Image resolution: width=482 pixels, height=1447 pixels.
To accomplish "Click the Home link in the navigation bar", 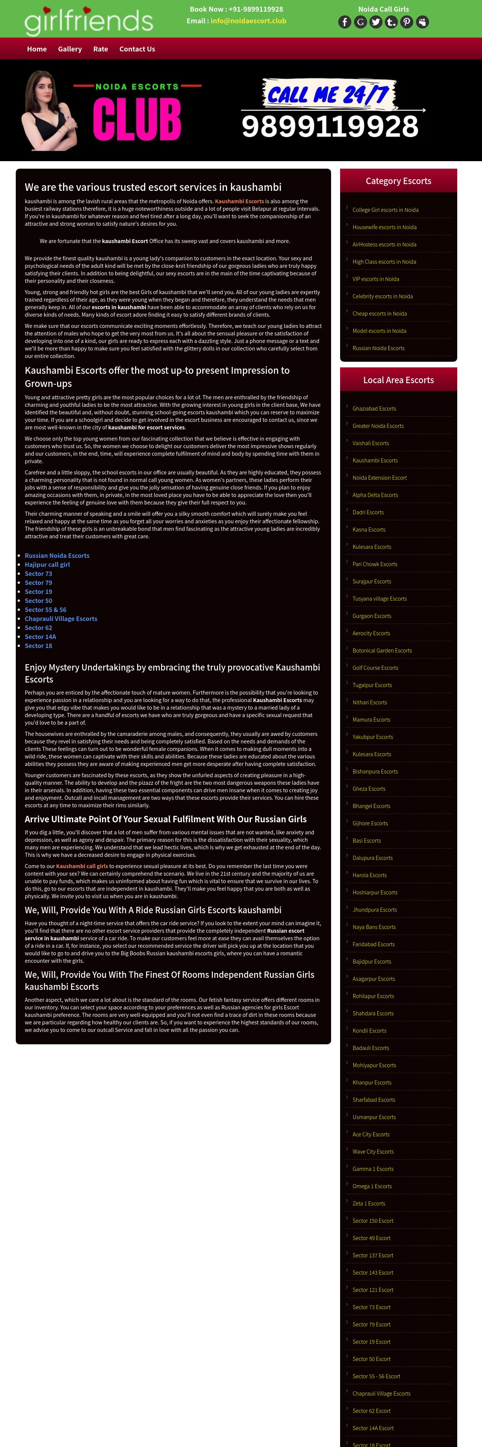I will pos(37,49).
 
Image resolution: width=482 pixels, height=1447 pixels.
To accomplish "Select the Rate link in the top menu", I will pos(101,49).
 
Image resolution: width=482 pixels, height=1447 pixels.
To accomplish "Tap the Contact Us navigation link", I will pos(137,49).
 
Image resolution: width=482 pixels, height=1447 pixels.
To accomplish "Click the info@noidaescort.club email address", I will pos(248,21).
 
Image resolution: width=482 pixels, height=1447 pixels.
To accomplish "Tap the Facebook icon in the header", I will pos(345,22).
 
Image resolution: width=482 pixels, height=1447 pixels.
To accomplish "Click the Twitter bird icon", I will pos(376,22).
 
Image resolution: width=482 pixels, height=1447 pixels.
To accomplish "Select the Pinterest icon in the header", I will pos(407,22).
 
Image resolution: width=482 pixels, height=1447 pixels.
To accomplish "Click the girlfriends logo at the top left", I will pos(89,20).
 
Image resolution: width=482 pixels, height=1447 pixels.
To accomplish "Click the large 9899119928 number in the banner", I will pos(330,126).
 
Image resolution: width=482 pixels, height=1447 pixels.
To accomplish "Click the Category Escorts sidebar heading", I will pos(398,181).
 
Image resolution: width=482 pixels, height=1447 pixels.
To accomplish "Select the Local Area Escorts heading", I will pos(398,380).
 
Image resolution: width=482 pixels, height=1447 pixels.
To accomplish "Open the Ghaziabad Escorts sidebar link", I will pos(374,408).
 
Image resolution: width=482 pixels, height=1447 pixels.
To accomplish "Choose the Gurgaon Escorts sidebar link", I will pos(372,616).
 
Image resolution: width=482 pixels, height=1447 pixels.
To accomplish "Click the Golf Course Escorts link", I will pos(375,667).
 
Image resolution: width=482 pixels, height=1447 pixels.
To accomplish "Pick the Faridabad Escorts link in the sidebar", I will pos(373,944).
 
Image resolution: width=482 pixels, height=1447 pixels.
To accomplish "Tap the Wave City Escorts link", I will pos(373,1151).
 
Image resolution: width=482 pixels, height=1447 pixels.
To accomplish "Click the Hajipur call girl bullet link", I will pos(47,565).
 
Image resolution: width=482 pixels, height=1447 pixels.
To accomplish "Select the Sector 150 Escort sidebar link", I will pos(373,1220).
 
